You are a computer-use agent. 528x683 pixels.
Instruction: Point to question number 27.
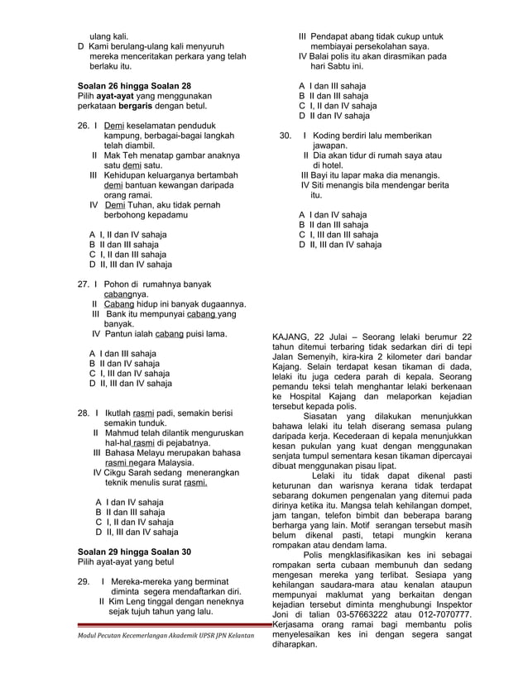coord(83,284)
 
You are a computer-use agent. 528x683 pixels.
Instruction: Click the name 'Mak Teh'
coord(120,155)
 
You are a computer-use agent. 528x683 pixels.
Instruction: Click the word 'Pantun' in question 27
coord(119,334)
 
